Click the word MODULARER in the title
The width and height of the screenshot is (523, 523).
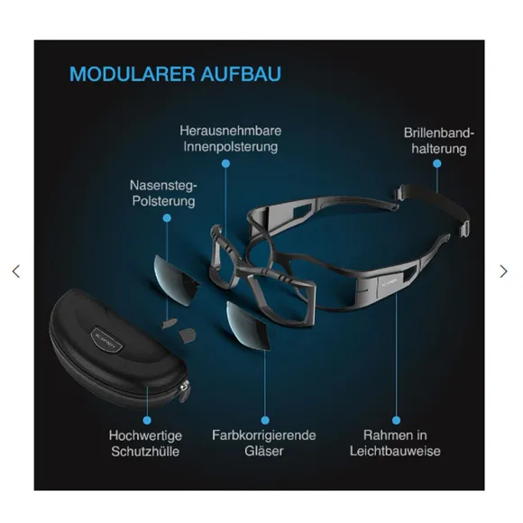(x=132, y=74)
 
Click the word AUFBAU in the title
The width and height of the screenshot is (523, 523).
(x=241, y=74)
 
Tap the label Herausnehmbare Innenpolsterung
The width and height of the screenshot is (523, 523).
(x=231, y=139)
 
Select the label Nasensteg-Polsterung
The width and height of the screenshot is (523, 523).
(x=163, y=193)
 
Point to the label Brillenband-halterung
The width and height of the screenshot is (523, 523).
(x=439, y=141)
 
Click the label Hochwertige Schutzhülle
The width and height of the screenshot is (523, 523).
(x=145, y=444)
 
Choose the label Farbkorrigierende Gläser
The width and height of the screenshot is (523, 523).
(x=264, y=444)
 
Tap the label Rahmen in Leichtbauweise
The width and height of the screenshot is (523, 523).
(x=395, y=444)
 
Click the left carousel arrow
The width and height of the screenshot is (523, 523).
(x=16, y=271)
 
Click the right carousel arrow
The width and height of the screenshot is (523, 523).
(x=504, y=271)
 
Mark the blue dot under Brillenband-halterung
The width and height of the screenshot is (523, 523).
(x=437, y=164)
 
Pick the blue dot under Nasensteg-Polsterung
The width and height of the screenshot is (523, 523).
(x=167, y=218)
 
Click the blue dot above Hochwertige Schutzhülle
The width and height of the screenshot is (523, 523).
(x=147, y=420)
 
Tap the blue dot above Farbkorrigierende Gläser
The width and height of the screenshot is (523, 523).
(x=265, y=420)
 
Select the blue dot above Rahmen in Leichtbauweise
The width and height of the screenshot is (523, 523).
(x=396, y=420)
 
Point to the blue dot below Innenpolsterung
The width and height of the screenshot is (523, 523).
(x=225, y=164)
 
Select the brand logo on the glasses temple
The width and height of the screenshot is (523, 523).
(x=389, y=282)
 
